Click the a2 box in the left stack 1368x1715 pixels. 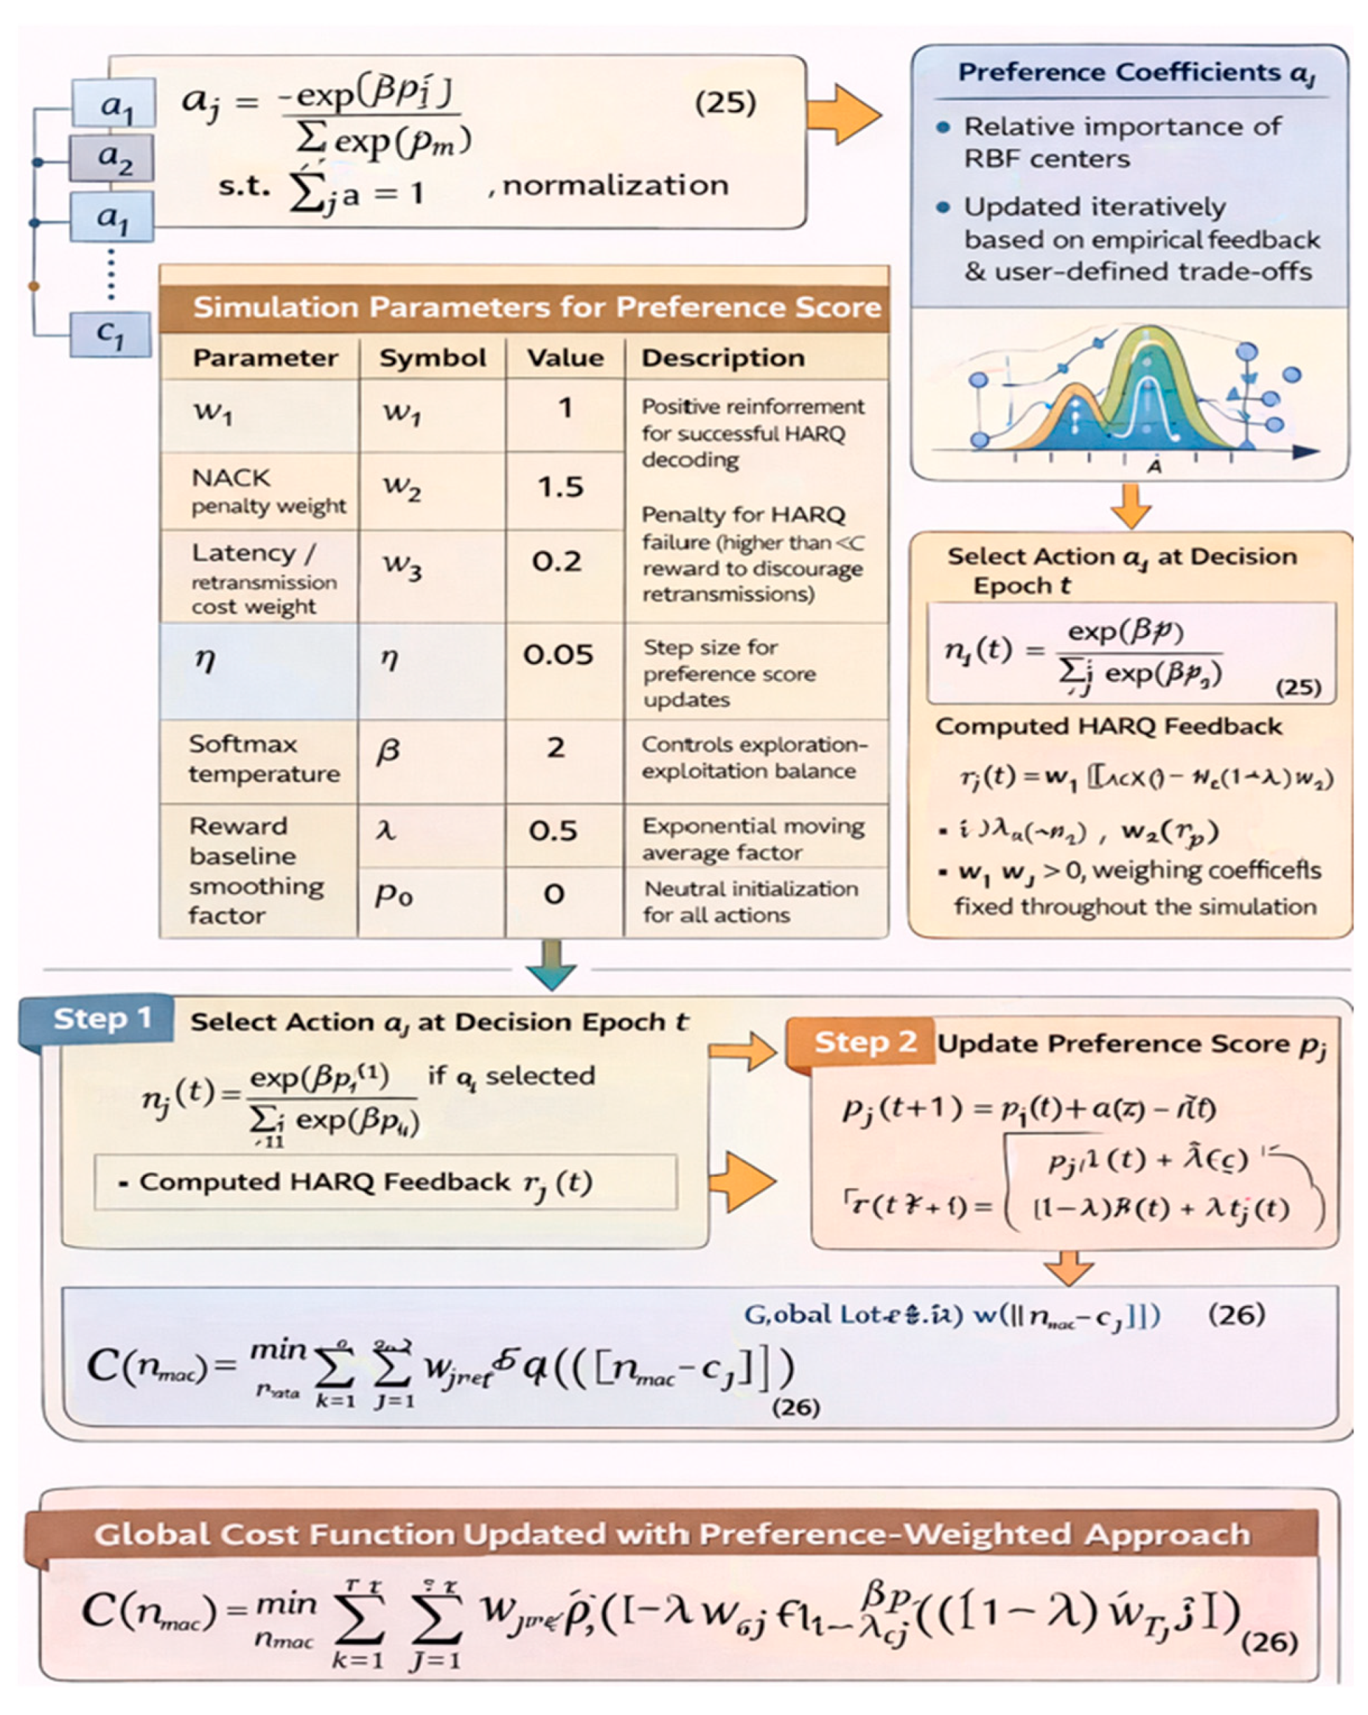click(113, 158)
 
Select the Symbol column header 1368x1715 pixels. click(432, 358)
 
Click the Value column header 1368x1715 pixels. click(565, 358)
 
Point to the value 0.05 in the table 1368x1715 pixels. click(558, 654)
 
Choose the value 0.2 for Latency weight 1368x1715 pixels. click(557, 562)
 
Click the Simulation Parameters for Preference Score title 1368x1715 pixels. click(537, 307)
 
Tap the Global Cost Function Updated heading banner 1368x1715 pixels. click(672, 1534)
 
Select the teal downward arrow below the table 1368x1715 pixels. click(551, 965)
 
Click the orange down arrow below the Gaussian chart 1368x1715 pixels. click(1130, 505)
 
